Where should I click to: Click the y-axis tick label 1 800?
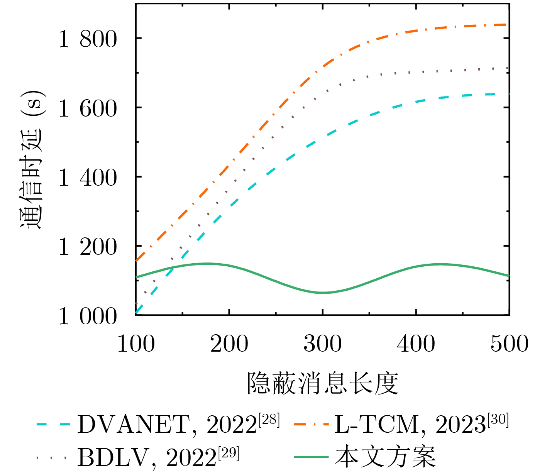pos(87,39)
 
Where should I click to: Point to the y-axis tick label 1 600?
pos(87,108)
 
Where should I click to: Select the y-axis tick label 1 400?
pos(87,178)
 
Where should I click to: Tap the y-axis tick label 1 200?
pos(87,247)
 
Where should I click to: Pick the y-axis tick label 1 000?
pos(87,317)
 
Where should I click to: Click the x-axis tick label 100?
pos(136,344)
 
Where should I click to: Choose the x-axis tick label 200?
pos(229,344)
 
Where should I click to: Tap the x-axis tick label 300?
pos(323,344)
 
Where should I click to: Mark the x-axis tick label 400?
pos(416,344)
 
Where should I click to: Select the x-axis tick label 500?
pos(509,344)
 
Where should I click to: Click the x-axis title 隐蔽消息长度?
pos(323,383)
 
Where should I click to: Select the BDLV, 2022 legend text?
pos(147,457)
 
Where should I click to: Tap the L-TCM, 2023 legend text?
pos(409,425)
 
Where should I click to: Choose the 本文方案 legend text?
pos(385,457)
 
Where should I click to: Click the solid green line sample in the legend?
pos(311,457)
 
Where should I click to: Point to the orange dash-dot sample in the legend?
pos(311,424)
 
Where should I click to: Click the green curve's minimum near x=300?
pos(323,293)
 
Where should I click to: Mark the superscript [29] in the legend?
pos(229,452)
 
